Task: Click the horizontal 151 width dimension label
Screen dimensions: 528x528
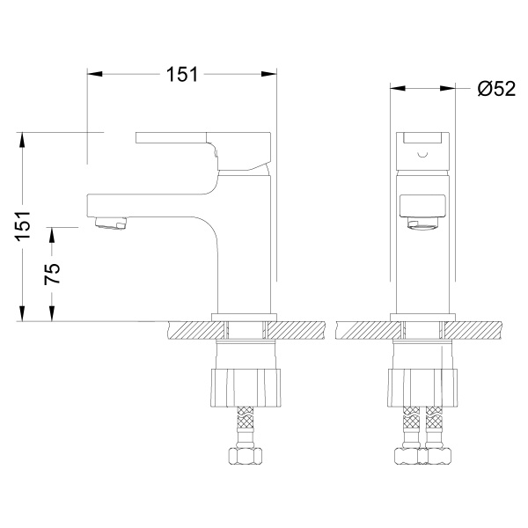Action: coord(182,75)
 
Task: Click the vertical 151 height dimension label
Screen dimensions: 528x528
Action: coord(23,226)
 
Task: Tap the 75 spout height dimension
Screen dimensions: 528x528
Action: coord(52,274)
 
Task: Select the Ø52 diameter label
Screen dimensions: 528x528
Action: coord(496,89)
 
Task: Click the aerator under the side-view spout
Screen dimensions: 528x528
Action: coord(111,223)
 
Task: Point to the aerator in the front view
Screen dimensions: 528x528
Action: coord(422,224)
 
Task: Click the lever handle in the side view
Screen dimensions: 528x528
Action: coord(203,150)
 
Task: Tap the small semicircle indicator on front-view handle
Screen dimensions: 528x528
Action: coord(422,155)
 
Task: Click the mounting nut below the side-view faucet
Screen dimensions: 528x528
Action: coord(246,387)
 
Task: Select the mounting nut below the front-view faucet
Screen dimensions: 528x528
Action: coord(422,387)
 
